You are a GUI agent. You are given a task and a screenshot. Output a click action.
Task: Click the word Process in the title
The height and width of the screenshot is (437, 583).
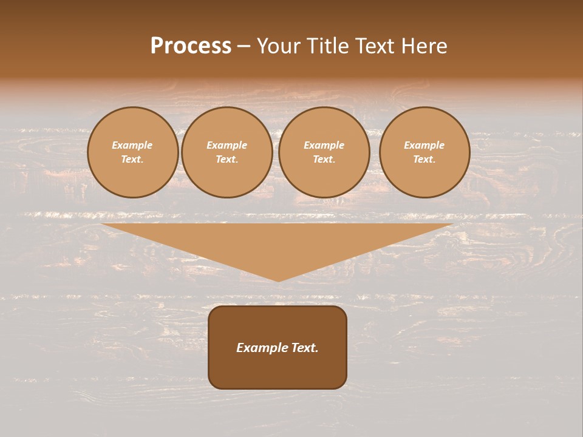(191, 46)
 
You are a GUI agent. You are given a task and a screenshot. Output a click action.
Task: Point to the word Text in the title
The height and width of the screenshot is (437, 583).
(373, 46)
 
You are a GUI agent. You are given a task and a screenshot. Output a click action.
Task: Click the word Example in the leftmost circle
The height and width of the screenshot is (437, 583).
(132, 145)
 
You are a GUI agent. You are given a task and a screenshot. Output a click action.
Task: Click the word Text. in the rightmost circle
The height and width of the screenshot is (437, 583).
(424, 159)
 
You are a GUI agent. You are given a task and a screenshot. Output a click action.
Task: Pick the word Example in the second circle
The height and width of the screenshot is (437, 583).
(227, 145)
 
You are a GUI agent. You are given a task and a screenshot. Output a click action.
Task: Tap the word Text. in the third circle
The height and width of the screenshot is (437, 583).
(324, 159)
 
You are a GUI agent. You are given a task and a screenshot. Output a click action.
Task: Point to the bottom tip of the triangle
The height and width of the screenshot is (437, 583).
(278, 280)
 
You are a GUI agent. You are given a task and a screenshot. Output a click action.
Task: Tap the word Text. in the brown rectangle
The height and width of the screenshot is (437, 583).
(305, 348)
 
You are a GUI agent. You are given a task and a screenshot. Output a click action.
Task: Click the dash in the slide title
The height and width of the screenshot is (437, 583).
(244, 47)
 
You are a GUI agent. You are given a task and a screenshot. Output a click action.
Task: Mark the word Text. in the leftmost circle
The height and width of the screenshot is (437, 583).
(132, 159)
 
